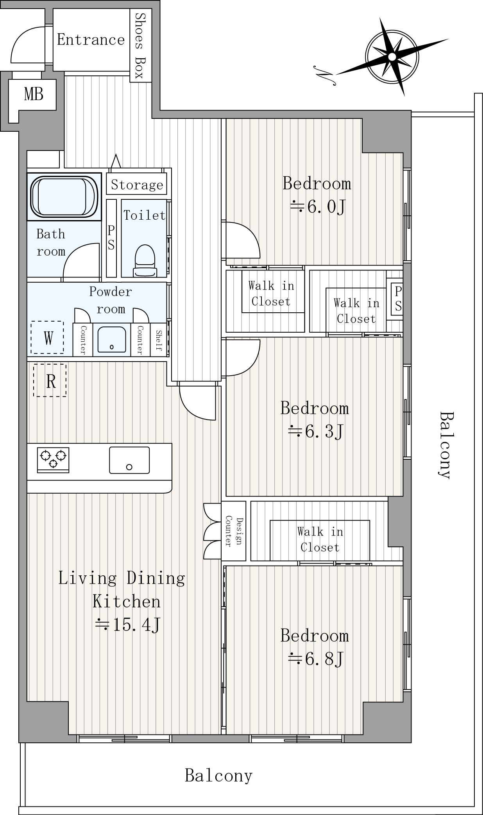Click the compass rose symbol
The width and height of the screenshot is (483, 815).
[392, 57]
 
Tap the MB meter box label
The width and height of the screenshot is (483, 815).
[34, 94]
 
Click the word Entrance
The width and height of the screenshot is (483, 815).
[91, 39]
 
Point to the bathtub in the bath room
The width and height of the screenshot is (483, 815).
[64, 196]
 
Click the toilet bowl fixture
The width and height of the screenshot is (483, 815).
[145, 261]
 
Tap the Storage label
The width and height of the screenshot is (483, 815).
[137, 184]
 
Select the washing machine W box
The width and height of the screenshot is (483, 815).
[47, 337]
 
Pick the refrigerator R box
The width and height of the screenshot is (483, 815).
[50, 380]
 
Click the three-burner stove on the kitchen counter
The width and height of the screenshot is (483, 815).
[53, 460]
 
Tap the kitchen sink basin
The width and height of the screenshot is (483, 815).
[129, 460]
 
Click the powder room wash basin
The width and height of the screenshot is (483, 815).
[112, 339]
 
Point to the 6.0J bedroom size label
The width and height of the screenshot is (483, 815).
[317, 206]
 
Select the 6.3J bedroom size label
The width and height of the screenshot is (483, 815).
[316, 432]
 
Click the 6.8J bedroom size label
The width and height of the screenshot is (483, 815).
[316, 659]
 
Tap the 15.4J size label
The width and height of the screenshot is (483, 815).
[127, 625]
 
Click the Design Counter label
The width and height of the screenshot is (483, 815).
[234, 531]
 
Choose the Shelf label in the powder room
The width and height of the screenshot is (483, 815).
[159, 340]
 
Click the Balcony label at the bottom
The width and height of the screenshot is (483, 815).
[218, 776]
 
